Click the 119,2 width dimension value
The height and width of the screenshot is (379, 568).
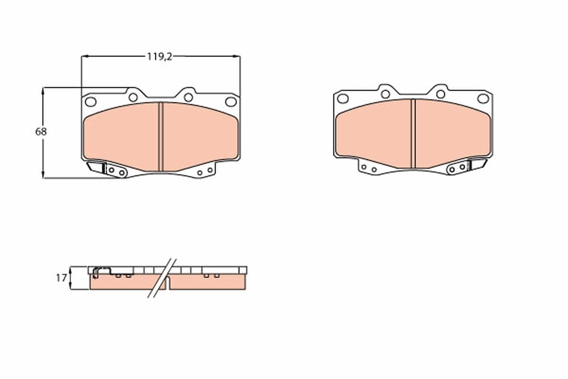(x=159, y=56)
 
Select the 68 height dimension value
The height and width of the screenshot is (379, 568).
(x=41, y=132)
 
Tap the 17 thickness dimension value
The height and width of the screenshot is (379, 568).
(x=61, y=278)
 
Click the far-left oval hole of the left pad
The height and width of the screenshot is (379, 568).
(x=90, y=101)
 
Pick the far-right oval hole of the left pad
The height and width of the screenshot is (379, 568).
(x=231, y=101)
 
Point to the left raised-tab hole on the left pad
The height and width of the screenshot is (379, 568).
(x=133, y=97)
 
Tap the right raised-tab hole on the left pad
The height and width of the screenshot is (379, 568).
(x=188, y=97)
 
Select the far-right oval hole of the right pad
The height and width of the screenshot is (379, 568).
(x=483, y=99)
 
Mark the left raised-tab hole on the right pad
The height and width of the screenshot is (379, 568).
(x=385, y=94)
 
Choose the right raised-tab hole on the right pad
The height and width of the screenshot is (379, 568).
(x=441, y=94)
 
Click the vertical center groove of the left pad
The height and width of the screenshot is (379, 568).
(x=160, y=136)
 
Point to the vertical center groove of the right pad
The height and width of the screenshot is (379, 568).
(x=413, y=133)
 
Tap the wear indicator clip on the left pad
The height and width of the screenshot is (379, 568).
(x=97, y=167)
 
